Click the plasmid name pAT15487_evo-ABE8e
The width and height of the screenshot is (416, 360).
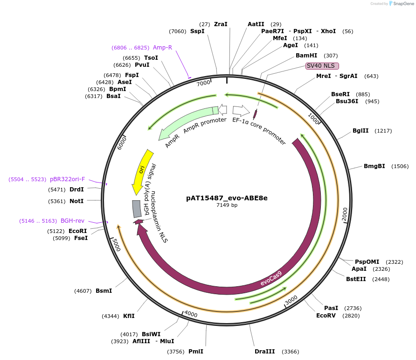pyautogui.click(x=227, y=198)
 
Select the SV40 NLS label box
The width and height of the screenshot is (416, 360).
pyautogui.click(x=322, y=66)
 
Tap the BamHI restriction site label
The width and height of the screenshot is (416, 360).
pyautogui.click(x=306, y=56)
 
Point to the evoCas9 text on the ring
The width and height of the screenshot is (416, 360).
pyautogui.click(x=271, y=278)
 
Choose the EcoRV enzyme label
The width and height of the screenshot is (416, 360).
pyautogui.click(x=326, y=315)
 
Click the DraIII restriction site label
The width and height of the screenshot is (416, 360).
pyautogui.click(x=264, y=352)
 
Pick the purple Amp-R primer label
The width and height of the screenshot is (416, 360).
pyautogui.click(x=163, y=48)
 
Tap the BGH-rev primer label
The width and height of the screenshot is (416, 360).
pyautogui.click(x=72, y=221)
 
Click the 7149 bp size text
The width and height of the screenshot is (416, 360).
pyautogui.click(x=227, y=205)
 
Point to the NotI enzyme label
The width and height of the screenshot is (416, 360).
pyautogui.click(x=76, y=201)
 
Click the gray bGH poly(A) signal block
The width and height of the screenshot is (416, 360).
pyautogui.click(x=137, y=209)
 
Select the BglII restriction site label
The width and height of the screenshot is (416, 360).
pyautogui.click(x=361, y=131)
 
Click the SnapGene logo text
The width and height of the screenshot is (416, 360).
pyautogui.click(x=402, y=4)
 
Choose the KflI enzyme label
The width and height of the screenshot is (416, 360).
pyautogui.click(x=129, y=316)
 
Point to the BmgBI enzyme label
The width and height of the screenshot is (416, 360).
pyautogui.click(x=374, y=166)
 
